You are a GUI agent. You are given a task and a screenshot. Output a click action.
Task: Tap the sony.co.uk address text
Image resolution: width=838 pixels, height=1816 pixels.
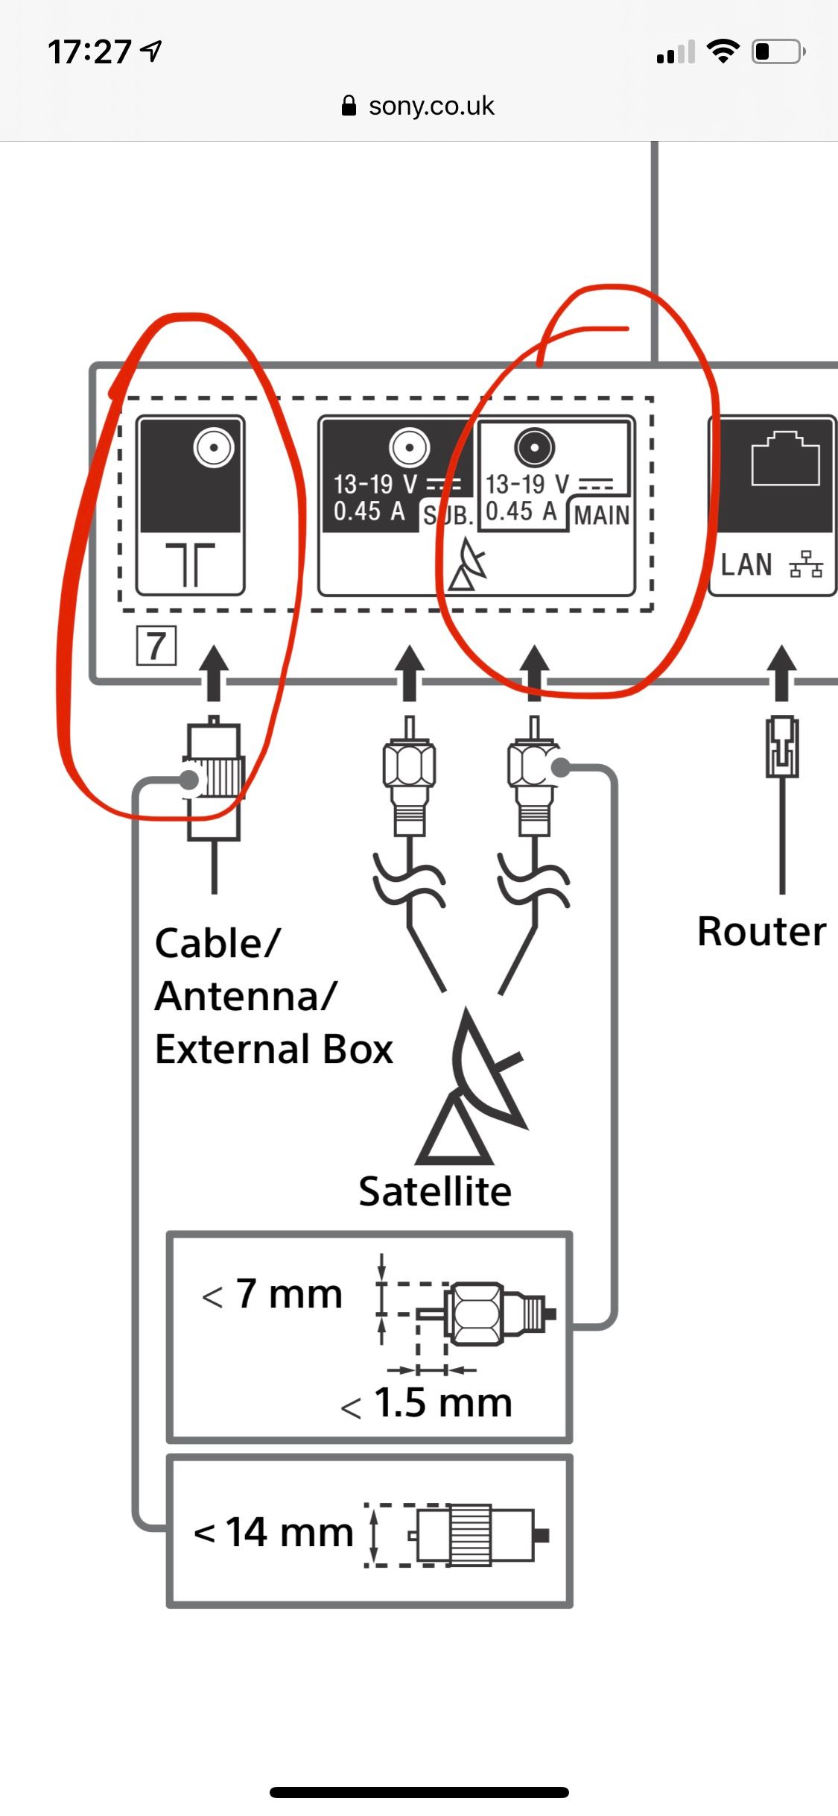[431, 106]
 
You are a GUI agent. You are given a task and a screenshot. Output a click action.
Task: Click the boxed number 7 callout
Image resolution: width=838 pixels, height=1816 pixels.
[156, 646]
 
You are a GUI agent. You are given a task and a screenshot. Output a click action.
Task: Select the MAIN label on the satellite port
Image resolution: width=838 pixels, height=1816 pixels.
[601, 515]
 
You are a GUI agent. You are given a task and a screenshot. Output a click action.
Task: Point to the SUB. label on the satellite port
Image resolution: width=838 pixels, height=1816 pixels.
[448, 515]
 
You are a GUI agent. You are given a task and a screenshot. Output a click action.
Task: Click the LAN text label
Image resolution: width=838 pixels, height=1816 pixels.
[746, 565]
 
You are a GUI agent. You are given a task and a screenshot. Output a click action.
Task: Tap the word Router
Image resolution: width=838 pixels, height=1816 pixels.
[761, 932]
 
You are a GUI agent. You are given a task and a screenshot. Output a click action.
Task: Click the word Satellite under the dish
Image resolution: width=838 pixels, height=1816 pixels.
[435, 1191]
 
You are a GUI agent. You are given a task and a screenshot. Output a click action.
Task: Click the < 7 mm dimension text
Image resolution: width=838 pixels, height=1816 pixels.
[273, 1295]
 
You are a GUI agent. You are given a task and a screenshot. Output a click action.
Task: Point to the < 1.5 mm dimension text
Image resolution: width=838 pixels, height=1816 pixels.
[427, 1403]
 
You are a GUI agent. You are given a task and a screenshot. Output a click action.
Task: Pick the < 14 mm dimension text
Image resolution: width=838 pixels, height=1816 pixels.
[273, 1533]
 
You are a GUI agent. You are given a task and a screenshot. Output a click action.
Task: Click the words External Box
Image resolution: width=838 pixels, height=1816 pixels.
[273, 1050]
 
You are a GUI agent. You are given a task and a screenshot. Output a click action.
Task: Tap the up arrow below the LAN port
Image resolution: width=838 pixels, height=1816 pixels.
[781, 672]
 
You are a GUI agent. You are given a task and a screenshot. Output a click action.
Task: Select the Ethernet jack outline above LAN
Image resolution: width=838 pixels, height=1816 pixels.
[786, 458]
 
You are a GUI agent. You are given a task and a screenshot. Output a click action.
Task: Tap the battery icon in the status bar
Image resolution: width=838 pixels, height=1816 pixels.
[778, 51]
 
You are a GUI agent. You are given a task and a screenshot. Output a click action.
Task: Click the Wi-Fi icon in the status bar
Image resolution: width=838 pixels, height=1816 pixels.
[723, 51]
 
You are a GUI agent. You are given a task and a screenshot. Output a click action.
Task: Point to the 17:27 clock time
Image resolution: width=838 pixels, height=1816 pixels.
[89, 52]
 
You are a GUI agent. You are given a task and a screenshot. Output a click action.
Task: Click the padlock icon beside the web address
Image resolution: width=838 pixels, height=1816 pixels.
[349, 106]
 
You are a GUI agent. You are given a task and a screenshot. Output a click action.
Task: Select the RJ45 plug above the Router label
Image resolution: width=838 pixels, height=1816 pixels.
[782, 746]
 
